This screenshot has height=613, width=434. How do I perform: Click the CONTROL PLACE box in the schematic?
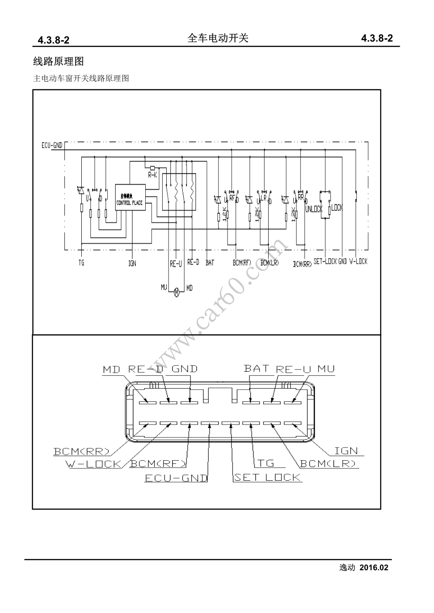tap(131, 197)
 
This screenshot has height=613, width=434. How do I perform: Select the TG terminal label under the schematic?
tap(81, 263)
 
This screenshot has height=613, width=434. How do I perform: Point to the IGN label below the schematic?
tap(132, 263)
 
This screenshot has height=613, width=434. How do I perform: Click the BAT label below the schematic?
tap(210, 263)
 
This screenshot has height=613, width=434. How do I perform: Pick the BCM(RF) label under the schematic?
tap(242, 263)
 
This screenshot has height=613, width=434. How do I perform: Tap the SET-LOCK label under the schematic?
tap(325, 262)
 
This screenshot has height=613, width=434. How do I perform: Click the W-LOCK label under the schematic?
tap(358, 262)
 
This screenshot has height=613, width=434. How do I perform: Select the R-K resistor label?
tap(152, 175)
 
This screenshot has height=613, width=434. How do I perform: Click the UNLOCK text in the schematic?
tap(314, 209)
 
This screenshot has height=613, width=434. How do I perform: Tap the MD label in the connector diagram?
tap(111, 369)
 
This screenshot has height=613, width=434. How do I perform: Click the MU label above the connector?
tap(326, 369)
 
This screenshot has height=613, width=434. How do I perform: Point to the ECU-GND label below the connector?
tap(176, 478)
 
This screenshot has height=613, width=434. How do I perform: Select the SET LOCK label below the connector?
tap(267, 477)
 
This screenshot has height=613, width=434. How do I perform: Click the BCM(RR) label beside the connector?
tap(82, 452)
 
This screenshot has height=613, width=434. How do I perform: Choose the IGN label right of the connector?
tap(346, 451)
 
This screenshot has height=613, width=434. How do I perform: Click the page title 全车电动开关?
tap(218, 39)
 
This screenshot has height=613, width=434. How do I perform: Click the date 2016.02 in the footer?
tap(374, 568)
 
